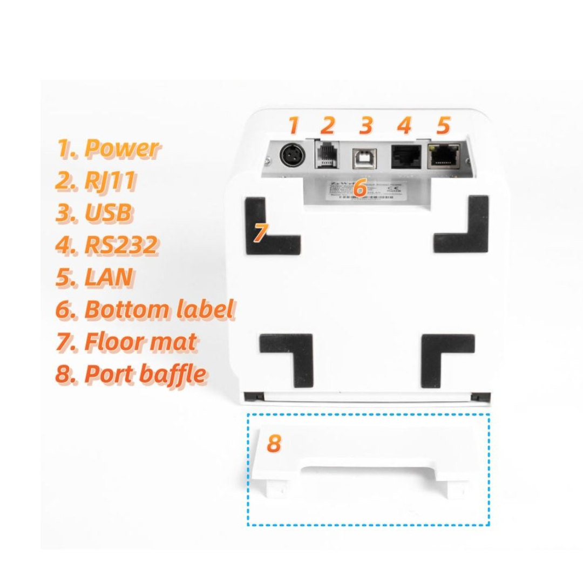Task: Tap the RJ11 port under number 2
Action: tap(326, 154)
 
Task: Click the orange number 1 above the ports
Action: tap(293, 125)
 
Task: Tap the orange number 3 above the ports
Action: tap(366, 125)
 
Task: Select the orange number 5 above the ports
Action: tap(443, 125)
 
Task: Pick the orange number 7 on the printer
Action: tap(260, 232)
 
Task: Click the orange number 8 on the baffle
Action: tap(274, 443)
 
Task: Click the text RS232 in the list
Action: tap(121, 245)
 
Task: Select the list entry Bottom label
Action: tap(159, 310)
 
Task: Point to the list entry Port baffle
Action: tap(145, 374)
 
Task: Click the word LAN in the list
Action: tap(108, 277)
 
